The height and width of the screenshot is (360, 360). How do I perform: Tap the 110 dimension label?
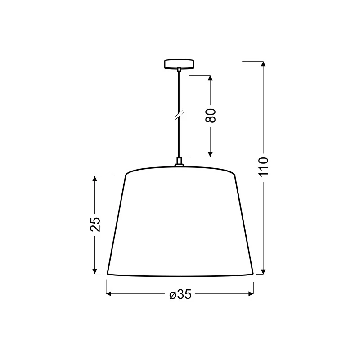pyautogui.click(x=264, y=167)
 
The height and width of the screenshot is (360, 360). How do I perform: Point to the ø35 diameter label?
pyautogui.click(x=180, y=294)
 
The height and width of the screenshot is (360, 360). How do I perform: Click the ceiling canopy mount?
pyautogui.click(x=179, y=64)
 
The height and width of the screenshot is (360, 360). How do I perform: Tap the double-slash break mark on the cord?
pyautogui.click(x=179, y=115)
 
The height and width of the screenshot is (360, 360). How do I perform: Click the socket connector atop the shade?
pyautogui.click(x=179, y=162)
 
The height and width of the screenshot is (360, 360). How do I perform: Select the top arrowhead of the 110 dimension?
pyautogui.click(x=263, y=64)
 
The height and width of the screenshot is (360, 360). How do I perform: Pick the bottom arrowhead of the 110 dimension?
pyautogui.click(x=263, y=271)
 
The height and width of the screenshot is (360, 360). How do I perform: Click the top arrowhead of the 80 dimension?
pyautogui.click(x=210, y=77)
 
